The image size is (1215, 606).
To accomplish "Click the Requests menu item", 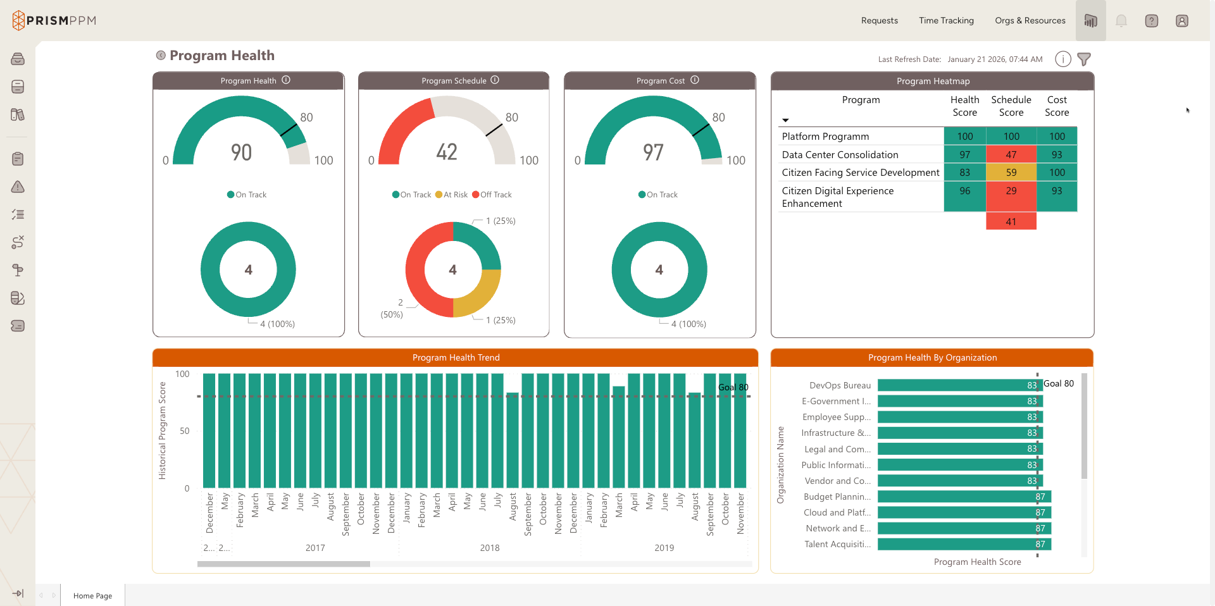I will coord(879,20).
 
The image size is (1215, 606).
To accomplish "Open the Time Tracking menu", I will coord(946,20).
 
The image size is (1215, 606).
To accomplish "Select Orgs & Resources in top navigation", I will coord(1030,20).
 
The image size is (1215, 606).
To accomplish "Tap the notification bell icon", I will coord(1121,21).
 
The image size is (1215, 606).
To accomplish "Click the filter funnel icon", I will coord(1084,59).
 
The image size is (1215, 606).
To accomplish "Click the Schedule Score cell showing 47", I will coord(1011,154).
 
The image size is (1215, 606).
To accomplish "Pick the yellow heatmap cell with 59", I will coord(1011,172).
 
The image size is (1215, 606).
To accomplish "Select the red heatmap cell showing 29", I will coord(1011,191).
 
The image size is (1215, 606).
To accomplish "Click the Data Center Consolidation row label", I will coord(840,154).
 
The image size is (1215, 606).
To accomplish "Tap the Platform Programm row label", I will coord(825,137).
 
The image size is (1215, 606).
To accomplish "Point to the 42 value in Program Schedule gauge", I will coord(447,152).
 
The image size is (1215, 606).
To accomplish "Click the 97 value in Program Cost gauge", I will coord(653,152).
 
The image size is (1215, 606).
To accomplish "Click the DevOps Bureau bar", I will coord(956,385).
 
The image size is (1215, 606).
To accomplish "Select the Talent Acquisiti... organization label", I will coord(837,544).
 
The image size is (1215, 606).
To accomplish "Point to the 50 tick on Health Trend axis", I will coord(184,431).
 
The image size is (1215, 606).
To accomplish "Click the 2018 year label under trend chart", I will coord(489,548).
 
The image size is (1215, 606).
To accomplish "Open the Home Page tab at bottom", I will coord(92,596).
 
